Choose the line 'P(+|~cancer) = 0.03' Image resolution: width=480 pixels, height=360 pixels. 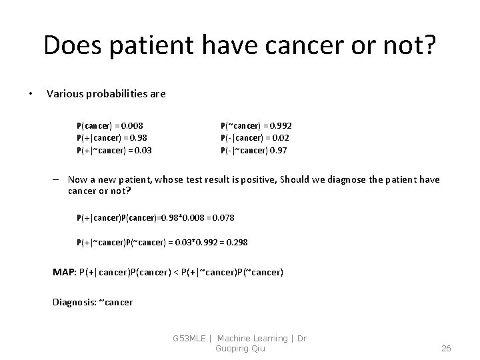pos(114,150)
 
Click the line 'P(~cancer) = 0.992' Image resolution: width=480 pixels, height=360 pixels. pos(256,125)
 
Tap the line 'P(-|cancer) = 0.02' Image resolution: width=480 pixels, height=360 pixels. pos(255,138)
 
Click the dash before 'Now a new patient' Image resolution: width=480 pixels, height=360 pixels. pos(59,179)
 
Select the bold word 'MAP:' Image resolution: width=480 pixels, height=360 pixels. pos(64,271)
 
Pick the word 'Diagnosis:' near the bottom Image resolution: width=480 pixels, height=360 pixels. pos(74,302)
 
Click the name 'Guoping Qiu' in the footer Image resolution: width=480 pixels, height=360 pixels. pos(239,348)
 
